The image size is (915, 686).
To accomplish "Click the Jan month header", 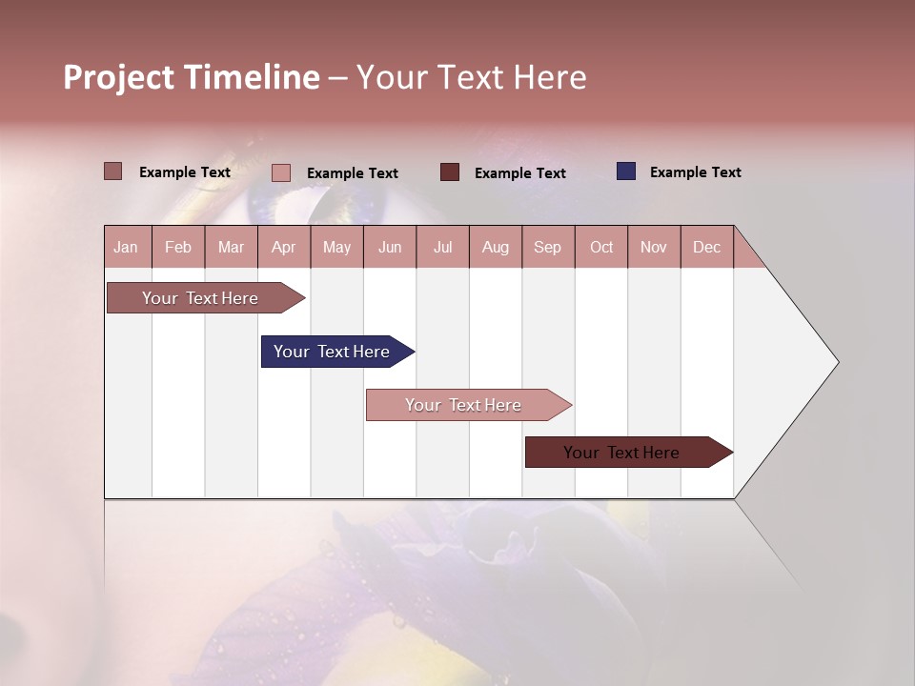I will coord(127,247).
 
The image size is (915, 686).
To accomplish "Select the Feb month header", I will coord(178,247).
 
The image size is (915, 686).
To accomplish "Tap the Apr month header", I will coord(283,247).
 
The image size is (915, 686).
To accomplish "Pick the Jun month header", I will coord(390,247).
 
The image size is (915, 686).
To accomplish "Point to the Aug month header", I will coord(495,247).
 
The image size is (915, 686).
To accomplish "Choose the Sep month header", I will coord(547,247).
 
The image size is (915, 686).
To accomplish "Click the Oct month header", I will coord(601,247).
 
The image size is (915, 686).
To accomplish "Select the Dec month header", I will coord(706,247).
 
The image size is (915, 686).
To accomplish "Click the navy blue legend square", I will coord(626,171).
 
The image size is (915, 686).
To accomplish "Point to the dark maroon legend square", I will coord(450,171).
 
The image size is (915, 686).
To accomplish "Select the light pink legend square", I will coord(281,172).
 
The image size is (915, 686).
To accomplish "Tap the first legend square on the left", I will coord(113,171).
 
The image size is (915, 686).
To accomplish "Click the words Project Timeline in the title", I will coord(192,77).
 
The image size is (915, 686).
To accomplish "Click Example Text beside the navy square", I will coord(695,171).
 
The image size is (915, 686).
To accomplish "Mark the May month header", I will coord(336,247).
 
